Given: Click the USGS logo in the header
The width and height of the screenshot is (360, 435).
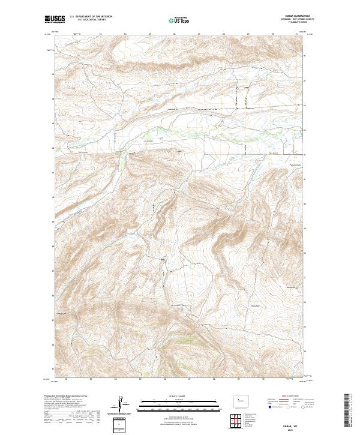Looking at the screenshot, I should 54,20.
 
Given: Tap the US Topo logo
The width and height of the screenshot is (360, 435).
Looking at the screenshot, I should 179,20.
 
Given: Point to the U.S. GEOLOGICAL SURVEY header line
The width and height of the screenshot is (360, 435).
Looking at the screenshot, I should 88,21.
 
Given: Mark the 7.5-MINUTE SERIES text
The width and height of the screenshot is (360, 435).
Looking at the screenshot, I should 293,23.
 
